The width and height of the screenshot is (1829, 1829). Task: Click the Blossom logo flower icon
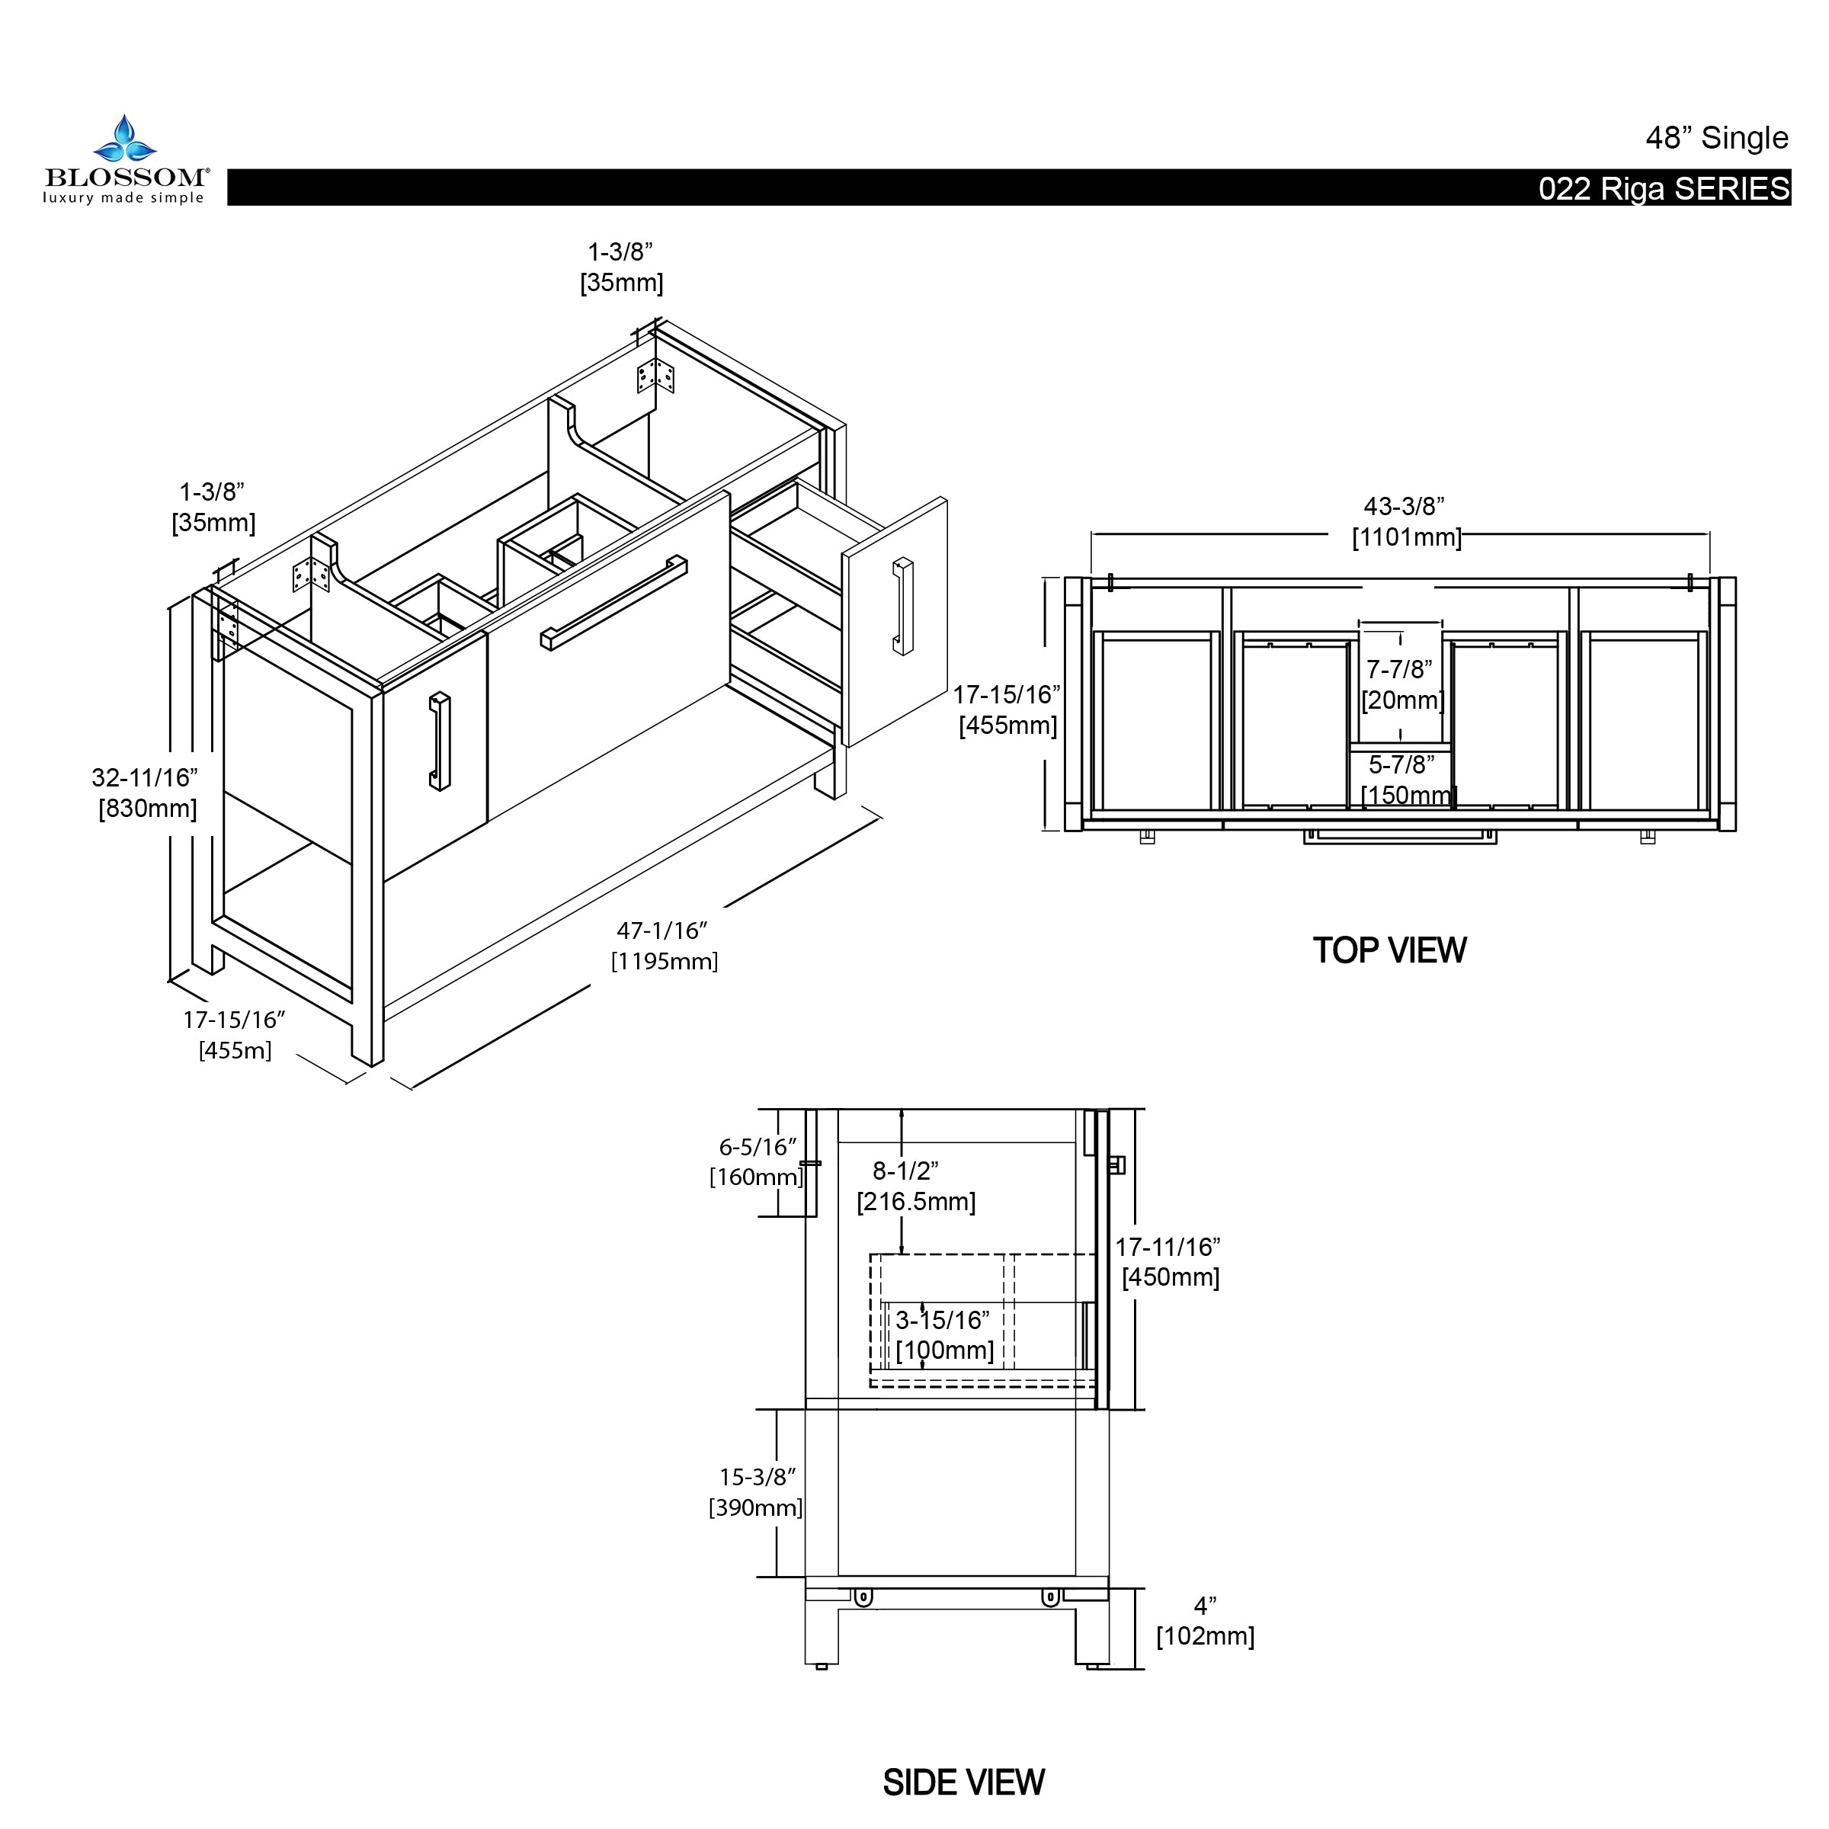click(x=124, y=140)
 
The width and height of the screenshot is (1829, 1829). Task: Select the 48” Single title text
click(x=1715, y=138)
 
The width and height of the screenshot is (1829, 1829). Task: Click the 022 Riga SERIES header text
click(x=1664, y=189)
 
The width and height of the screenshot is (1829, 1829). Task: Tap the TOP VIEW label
click(x=1389, y=950)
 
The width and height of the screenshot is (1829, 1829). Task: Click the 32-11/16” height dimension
click(x=145, y=777)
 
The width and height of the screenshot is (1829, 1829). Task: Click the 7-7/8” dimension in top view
click(x=1399, y=669)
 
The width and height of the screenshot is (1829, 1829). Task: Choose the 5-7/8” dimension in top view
click(x=1401, y=764)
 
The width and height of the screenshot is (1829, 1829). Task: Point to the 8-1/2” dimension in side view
click(x=905, y=1171)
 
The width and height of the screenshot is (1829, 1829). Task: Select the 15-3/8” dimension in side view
click(x=758, y=1477)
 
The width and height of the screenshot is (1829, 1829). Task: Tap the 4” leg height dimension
click(x=1204, y=1606)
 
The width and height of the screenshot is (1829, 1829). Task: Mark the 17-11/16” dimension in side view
click(x=1168, y=1247)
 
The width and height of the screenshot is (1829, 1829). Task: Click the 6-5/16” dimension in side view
click(x=758, y=1148)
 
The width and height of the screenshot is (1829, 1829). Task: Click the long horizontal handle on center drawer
click(x=614, y=602)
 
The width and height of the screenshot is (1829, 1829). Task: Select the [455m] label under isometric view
click(x=235, y=1050)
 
